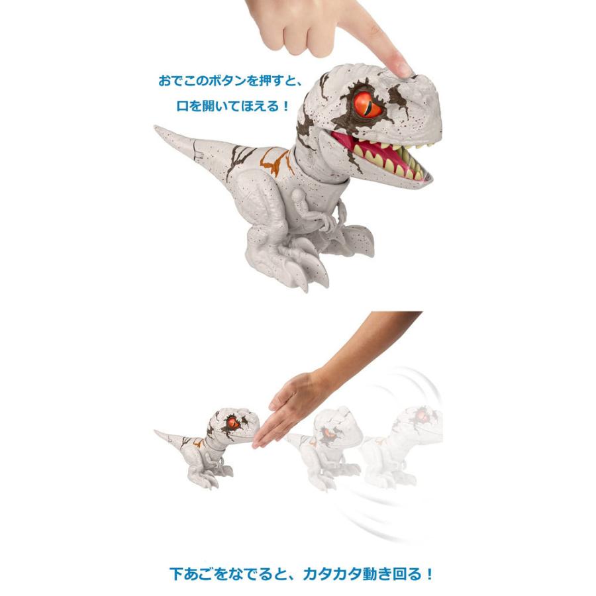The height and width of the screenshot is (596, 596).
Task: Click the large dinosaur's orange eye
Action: pyautogui.click(x=368, y=105)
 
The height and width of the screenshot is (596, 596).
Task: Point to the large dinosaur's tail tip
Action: pyautogui.click(x=156, y=128)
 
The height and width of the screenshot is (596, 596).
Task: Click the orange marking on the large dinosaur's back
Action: pyautogui.click(x=275, y=162)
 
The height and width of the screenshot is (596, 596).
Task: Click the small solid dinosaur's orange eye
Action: pyautogui.click(x=232, y=423)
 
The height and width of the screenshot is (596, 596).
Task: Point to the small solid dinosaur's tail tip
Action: pyautogui.click(x=156, y=431)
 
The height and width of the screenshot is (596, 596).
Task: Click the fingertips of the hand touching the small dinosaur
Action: pyautogui.click(x=259, y=441)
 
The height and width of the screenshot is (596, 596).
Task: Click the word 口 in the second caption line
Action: pyautogui.click(x=183, y=106)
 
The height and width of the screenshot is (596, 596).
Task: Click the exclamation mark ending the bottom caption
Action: pyautogui.click(x=430, y=574)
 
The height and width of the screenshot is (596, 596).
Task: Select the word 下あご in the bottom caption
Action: pyautogui.click(x=189, y=574)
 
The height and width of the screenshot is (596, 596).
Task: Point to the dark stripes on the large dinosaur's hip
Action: pyautogui.click(x=238, y=160)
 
